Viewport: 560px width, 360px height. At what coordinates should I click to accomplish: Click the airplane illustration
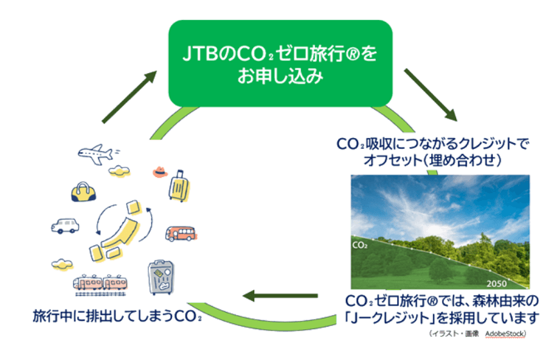[x=98, y=152]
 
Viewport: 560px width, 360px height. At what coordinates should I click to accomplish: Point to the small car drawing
[x=65, y=225]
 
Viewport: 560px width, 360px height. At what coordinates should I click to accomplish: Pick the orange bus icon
[x=180, y=233]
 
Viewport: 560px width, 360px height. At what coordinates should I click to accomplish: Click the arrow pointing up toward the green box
[x=129, y=96]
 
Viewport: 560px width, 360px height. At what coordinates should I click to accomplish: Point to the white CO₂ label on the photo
[x=362, y=244]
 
